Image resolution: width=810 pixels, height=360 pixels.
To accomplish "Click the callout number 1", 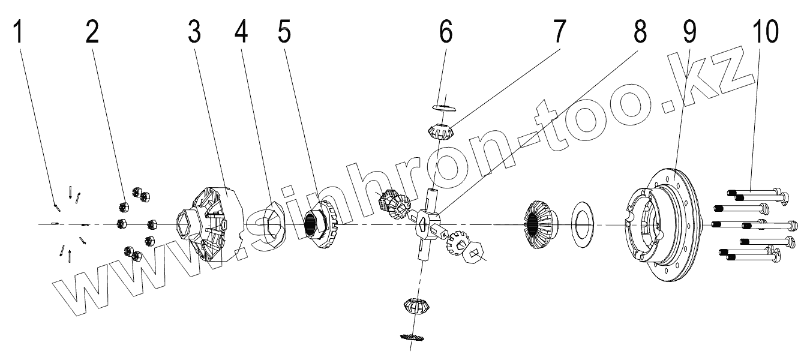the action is (19, 33).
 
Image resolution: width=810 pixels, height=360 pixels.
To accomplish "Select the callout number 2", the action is (91, 33).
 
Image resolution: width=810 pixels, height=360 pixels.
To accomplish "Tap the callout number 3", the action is (194, 33).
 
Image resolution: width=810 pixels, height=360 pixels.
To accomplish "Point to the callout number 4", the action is (241, 33).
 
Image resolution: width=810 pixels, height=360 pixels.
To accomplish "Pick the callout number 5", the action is (284, 33).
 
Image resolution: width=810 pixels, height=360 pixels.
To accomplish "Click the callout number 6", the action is (445, 33).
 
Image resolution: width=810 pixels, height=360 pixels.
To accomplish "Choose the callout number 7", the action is (559, 33).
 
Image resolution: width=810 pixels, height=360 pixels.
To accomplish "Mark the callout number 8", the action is (640, 33).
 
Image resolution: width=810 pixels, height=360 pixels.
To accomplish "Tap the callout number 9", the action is (689, 33).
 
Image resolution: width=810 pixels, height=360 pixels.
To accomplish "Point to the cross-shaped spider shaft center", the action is (427, 223).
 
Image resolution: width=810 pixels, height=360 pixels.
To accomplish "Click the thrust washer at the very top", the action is (445, 107).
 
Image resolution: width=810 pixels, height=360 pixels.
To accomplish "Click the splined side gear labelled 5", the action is (321, 225).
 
